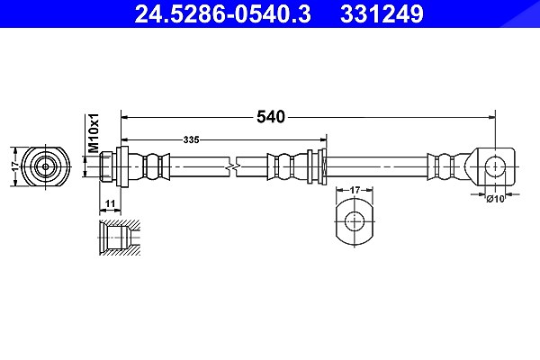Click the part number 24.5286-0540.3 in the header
(x=223, y=13)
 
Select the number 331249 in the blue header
(x=382, y=13)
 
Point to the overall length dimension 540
(x=271, y=117)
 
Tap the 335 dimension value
(x=191, y=139)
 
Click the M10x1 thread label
(x=94, y=133)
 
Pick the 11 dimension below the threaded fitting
(x=110, y=203)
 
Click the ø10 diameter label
(x=495, y=199)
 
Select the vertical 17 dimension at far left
(x=14, y=166)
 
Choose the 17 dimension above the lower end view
(x=355, y=190)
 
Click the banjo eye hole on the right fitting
(x=495, y=166)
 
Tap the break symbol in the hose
(x=233, y=167)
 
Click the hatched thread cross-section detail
(x=120, y=238)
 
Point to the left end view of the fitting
(x=46, y=166)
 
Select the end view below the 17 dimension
(x=355, y=220)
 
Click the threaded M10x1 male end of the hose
(x=106, y=166)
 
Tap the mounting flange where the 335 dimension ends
(x=322, y=166)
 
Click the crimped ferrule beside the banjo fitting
(x=445, y=166)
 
